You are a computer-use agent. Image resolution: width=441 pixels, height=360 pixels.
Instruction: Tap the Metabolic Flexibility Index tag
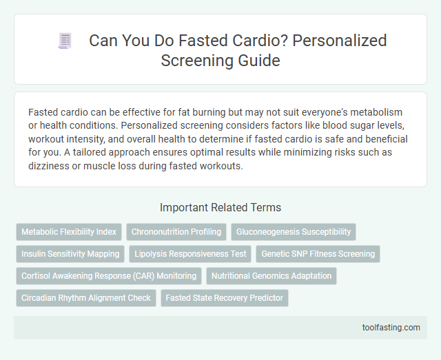(x=69, y=232)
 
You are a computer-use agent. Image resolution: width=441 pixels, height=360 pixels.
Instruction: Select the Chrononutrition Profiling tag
(x=176, y=232)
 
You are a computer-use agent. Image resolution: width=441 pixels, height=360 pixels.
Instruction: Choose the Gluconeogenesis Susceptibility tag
(x=294, y=232)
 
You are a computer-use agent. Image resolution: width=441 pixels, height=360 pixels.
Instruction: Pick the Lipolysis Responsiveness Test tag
(x=191, y=254)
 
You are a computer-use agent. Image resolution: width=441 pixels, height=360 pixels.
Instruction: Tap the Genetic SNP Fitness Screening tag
(x=318, y=254)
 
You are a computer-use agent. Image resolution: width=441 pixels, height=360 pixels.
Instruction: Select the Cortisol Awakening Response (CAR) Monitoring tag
(x=109, y=276)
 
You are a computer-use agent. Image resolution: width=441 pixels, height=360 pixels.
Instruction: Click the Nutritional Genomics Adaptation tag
(x=271, y=276)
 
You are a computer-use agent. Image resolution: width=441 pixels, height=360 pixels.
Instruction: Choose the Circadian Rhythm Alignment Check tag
(x=86, y=298)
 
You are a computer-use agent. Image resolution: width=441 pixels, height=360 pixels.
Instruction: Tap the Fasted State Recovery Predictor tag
(x=225, y=298)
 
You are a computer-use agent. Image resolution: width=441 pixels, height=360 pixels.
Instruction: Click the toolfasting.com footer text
(x=391, y=327)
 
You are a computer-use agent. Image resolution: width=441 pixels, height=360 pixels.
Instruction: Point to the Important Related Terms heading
(x=220, y=207)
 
